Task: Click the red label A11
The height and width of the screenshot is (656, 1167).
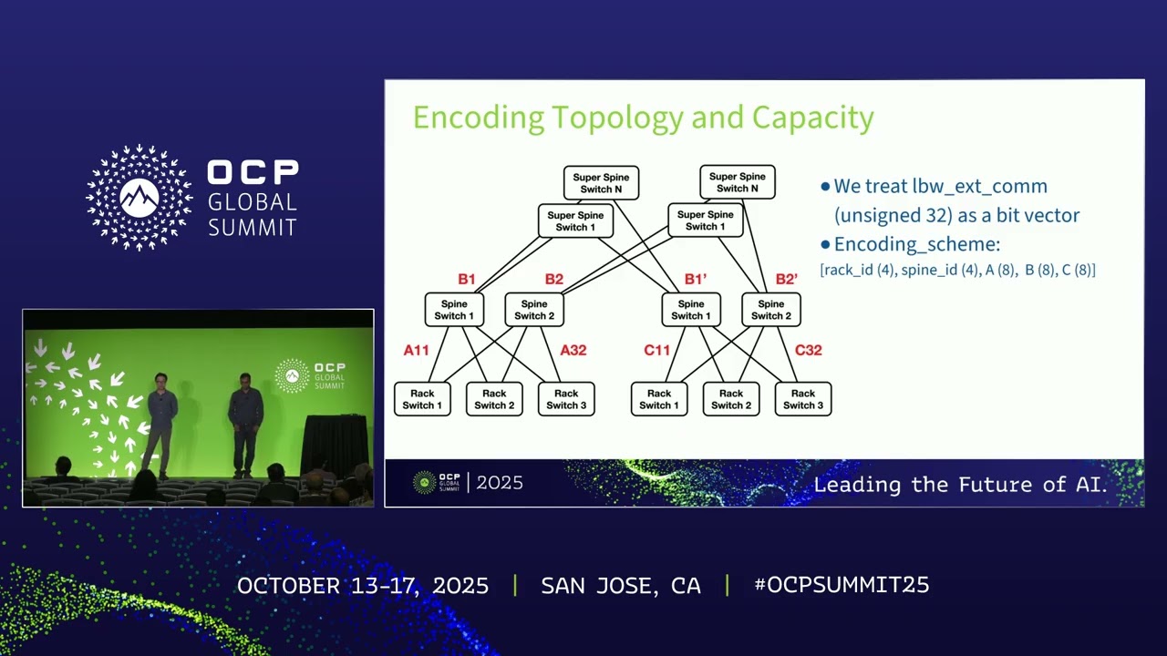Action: tap(416, 350)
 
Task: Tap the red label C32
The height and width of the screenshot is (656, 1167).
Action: tap(808, 350)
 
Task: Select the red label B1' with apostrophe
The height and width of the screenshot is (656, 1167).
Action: tap(695, 280)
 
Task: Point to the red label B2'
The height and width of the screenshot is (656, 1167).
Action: tap(786, 280)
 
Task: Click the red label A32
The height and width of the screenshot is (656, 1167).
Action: tap(573, 350)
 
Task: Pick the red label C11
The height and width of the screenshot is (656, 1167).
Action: tap(656, 350)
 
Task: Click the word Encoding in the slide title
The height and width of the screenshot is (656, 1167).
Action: tap(478, 118)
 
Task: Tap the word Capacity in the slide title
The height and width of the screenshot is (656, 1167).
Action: tap(812, 118)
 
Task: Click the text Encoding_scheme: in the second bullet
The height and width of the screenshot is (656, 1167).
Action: tap(916, 244)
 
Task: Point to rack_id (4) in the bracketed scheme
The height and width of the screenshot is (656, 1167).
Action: tap(859, 270)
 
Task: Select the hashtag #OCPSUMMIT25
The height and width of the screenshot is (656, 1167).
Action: tap(842, 585)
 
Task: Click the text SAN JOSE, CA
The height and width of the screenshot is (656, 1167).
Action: tap(621, 585)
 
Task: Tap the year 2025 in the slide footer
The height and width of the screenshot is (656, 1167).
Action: tap(500, 483)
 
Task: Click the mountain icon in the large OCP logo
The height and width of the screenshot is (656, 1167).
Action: tap(139, 196)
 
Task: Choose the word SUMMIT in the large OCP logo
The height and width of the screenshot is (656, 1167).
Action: tap(253, 227)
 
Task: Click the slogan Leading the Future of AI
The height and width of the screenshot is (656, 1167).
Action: tap(959, 484)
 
